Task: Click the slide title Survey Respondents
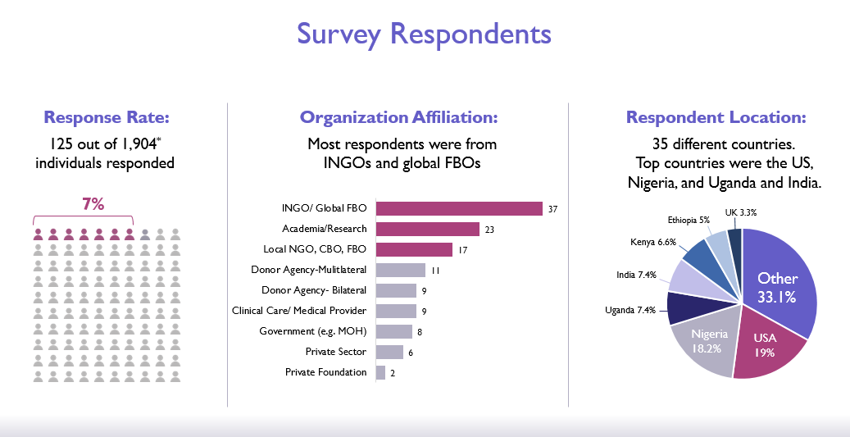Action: pyautogui.click(x=424, y=34)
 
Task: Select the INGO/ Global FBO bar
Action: pyautogui.click(x=459, y=209)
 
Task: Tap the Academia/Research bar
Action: pyautogui.click(x=427, y=230)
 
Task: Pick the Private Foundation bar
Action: pyautogui.click(x=380, y=372)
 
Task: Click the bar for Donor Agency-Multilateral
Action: pyautogui.click(x=400, y=270)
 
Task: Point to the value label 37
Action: pyautogui.click(x=553, y=209)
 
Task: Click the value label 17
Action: pyautogui.click(x=464, y=250)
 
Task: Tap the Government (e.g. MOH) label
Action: pyautogui.click(x=312, y=331)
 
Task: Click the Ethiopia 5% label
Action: pyautogui.click(x=689, y=221)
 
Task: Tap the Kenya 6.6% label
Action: pyautogui.click(x=653, y=243)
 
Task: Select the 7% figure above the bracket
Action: pyautogui.click(x=93, y=204)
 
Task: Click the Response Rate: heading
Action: pyautogui.click(x=106, y=118)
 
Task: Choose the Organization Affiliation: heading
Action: pyautogui.click(x=398, y=118)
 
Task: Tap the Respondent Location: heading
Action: pyautogui.click(x=716, y=118)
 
